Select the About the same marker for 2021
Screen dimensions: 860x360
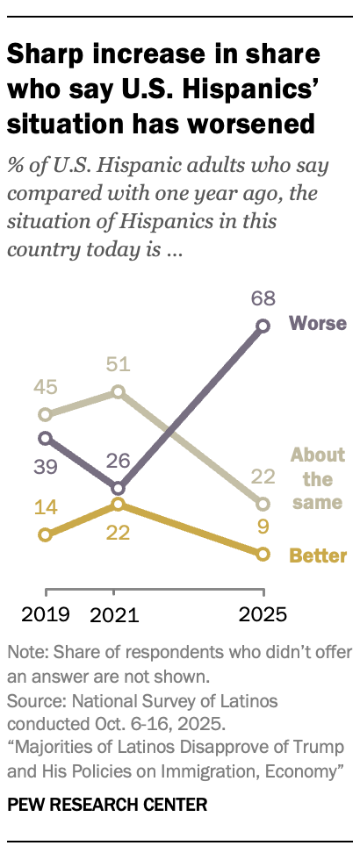[x=118, y=391]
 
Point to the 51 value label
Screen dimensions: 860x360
[x=116, y=363]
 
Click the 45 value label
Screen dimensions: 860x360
[x=47, y=387]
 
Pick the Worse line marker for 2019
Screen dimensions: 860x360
[x=45, y=437]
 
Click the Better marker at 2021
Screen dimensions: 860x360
[x=118, y=505]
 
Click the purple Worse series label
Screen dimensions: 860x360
[x=318, y=323]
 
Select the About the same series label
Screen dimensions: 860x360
[x=318, y=479]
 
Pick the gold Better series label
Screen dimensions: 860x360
[x=318, y=555]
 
